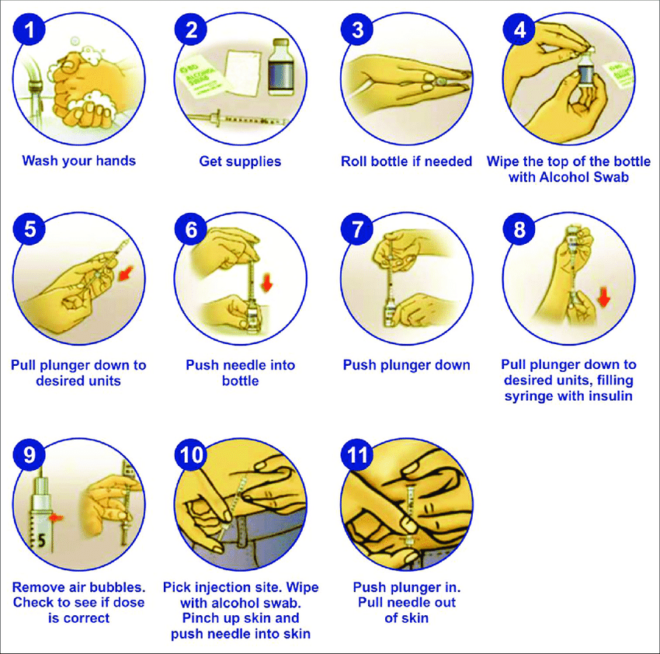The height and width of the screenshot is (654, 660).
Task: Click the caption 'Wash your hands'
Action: [78, 161]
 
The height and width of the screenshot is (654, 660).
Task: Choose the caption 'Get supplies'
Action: [240, 161]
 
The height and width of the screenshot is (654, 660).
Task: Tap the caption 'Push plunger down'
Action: [406, 365]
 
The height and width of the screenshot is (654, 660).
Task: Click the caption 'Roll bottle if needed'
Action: [406, 161]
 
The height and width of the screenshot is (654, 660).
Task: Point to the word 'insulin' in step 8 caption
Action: [606, 396]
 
